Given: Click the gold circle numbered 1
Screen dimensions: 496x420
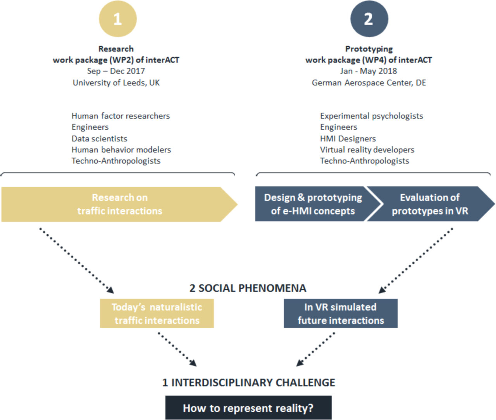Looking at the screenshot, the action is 118,19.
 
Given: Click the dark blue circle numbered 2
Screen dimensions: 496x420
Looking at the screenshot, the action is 369,19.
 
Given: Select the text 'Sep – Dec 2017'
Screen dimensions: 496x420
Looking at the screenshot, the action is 116,71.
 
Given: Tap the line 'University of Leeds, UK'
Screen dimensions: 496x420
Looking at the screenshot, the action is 116,83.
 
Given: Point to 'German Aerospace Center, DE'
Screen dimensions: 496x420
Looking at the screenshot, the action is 369,83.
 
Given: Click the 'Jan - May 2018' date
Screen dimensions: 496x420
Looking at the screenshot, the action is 369,71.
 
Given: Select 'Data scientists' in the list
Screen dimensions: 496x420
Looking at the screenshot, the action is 99,139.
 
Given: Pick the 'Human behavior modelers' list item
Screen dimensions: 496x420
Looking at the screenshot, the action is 121,149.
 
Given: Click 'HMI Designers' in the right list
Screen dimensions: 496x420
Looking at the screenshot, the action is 348,139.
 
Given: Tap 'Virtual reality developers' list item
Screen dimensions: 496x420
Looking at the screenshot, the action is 367,149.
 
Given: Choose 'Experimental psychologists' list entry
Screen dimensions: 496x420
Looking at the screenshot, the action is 372,116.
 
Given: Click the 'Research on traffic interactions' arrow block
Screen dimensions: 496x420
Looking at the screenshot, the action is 119,204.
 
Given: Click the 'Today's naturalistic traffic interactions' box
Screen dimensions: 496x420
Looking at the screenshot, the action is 157,313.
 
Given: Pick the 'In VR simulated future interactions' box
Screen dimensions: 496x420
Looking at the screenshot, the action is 341,313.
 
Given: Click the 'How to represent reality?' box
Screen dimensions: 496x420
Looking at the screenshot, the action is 248,408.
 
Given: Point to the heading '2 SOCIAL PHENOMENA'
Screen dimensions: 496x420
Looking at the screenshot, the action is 248,288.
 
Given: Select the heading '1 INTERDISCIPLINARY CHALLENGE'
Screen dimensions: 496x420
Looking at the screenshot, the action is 249,382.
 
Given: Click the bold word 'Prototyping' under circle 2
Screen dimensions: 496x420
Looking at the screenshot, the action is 369,49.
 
